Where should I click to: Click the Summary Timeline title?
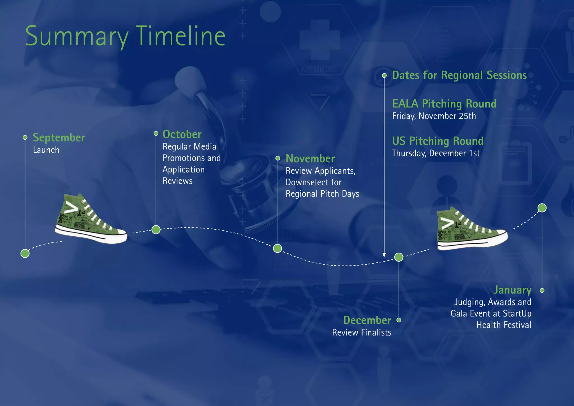[125, 36]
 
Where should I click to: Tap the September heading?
[59, 138]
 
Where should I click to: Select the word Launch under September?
[46, 150]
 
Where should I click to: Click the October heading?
[182, 134]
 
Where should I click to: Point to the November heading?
[310, 159]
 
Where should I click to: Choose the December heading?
[367, 320]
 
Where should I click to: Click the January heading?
[512, 290]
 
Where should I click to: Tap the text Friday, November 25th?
[434, 116]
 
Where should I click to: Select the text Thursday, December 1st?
[436, 153]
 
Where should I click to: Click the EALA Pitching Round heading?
[444, 104]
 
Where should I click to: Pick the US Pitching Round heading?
[438, 141]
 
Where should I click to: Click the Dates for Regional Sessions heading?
[459, 75]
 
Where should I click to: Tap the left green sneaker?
[90, 220]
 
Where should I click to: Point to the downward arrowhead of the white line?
[384, 255]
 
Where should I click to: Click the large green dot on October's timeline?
[156, 230]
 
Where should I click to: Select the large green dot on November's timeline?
[277, 248]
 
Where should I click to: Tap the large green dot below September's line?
[25, 253]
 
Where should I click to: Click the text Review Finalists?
[362, 333]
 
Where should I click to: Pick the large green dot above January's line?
[542, 208]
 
